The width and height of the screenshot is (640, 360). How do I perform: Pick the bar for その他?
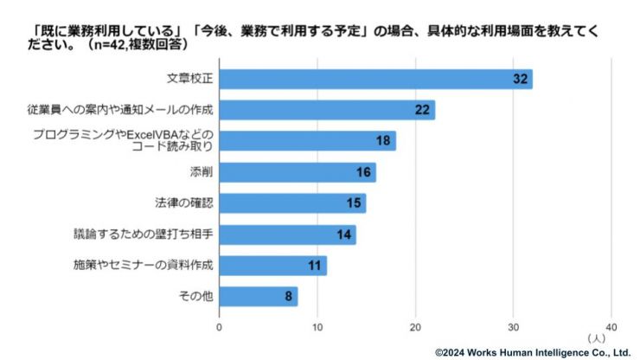[257, 297]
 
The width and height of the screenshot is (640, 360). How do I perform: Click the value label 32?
[520, 79]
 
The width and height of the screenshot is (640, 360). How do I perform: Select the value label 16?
[364, 172]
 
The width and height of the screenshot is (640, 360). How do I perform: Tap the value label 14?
[344, 235]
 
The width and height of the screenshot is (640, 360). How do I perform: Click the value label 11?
[316, 266]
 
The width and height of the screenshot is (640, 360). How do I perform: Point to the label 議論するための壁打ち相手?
[143, 235]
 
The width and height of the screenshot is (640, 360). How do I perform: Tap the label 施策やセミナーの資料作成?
[143, 266]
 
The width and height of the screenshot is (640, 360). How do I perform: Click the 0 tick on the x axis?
[219, 327]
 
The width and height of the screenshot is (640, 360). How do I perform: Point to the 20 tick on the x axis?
[415, 327]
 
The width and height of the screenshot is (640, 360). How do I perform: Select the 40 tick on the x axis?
[611, 327]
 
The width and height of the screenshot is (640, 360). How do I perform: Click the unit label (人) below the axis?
[596, 337]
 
